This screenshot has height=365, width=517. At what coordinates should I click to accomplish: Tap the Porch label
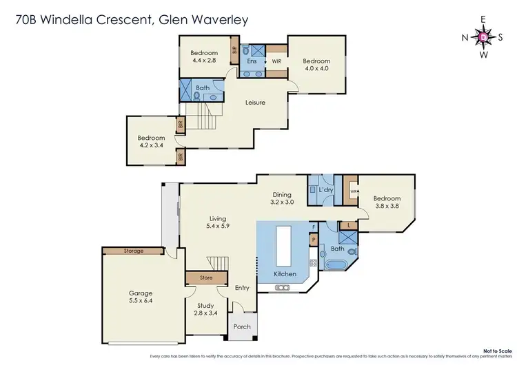[242, 326]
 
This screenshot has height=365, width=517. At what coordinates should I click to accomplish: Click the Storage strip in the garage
[134, 251]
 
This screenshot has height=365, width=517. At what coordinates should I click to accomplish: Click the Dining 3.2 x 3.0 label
[281, 198]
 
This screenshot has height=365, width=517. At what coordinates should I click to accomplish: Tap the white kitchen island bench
[283, 245]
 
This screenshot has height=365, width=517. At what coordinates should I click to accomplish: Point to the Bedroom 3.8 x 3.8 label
[386, 202]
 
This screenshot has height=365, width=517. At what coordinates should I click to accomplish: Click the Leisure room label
[256, 103]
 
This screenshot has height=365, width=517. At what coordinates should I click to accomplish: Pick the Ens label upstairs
[252, 61]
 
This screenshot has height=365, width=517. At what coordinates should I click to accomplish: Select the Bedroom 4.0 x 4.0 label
[317, 64]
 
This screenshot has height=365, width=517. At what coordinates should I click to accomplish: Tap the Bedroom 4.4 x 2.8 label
[204, 56]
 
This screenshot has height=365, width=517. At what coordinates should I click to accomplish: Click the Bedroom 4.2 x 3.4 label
[151, 141]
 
